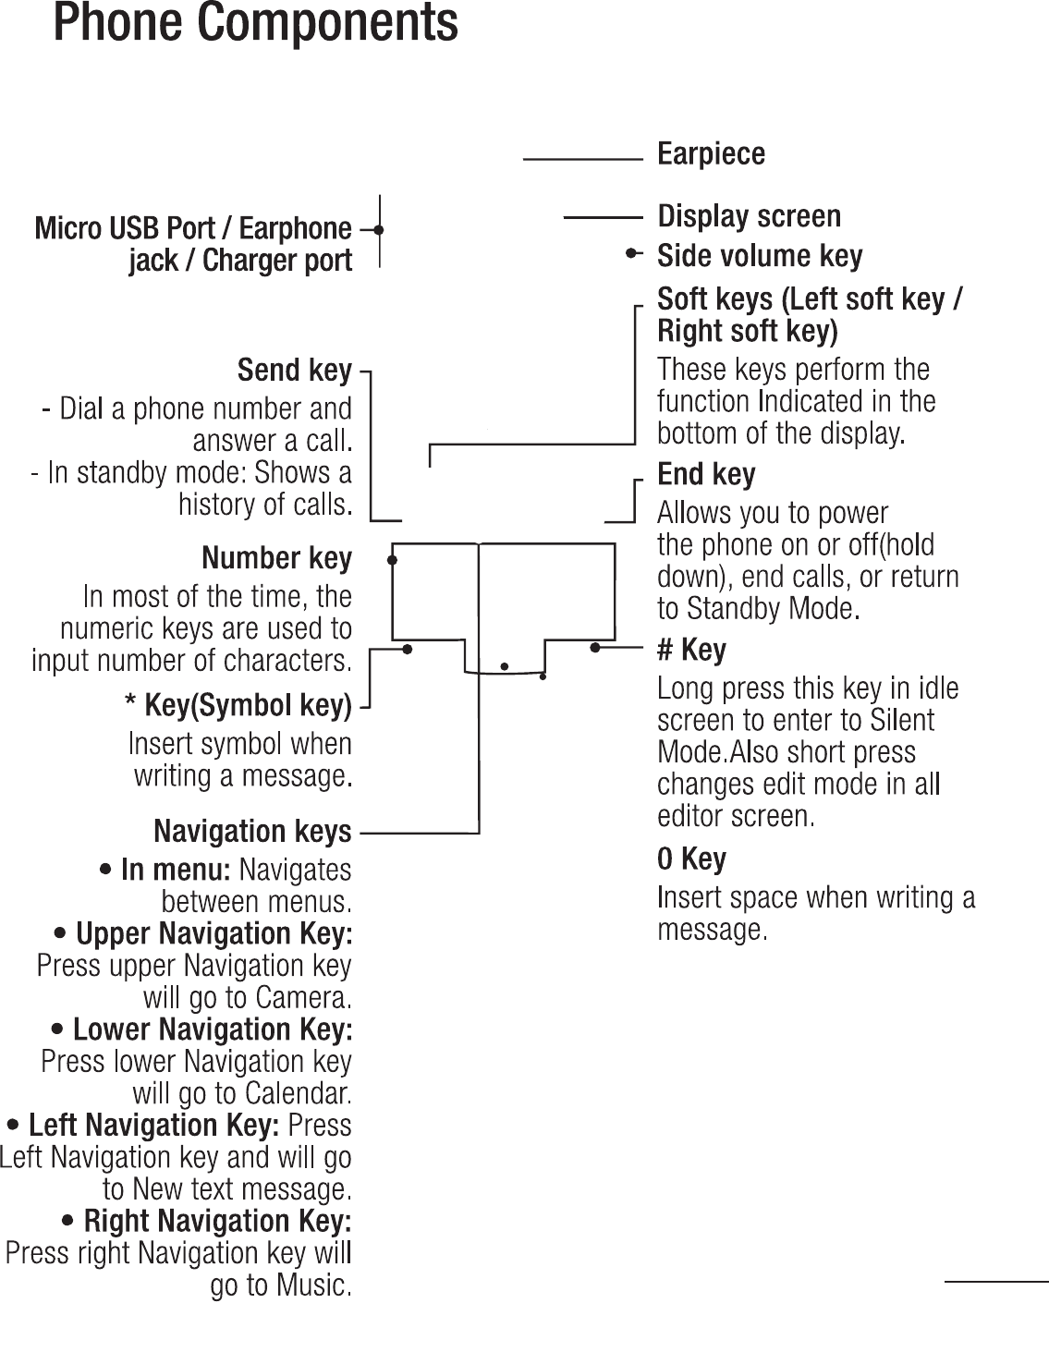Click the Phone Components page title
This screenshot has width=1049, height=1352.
click(255, 23)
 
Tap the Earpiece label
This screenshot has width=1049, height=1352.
click(711, 153)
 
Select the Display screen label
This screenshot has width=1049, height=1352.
click(749, 216)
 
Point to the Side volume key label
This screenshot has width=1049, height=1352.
click(760, 255)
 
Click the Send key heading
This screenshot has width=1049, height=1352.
click(295, 371)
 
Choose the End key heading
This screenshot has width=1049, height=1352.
click(706, 474)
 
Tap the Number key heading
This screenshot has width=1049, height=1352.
click(276, 558)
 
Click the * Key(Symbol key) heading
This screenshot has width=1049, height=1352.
click(238, 706)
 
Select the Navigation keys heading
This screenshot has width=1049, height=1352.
click(252, 832)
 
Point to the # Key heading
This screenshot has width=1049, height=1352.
click(691, 650)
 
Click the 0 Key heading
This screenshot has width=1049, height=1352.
click(691, 859)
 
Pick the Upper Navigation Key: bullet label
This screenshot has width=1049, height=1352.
click(213, 933)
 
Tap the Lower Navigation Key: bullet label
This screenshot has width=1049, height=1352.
click(212, 1029)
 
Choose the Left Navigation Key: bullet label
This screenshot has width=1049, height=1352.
click(153, 1126)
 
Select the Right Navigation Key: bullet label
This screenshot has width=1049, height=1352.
click(217, 1222)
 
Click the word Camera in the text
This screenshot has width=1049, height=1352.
click(303, 998)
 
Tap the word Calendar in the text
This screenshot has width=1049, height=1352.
click(297, 1094)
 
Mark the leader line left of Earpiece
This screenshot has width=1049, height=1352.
click(582, 160)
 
